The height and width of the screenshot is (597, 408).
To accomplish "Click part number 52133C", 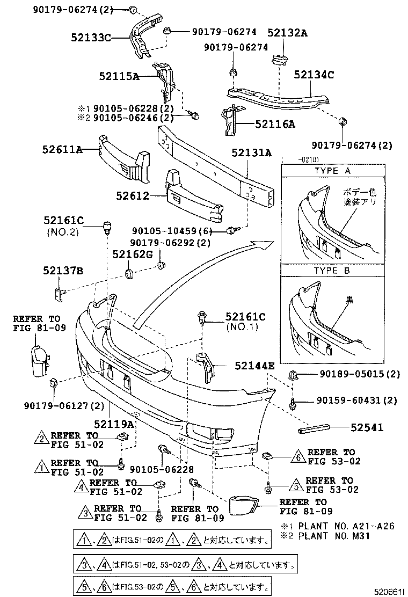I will click(90, 37).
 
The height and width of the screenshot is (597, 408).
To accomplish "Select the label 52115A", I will click(118, 76).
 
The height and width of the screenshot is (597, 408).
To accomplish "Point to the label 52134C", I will click(314, 75).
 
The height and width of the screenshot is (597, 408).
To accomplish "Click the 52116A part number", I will click(275, 124).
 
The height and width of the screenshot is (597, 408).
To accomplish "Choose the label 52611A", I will click(62, 150).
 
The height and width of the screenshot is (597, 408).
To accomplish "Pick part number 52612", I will click(132, 196).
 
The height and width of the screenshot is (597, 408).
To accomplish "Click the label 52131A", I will click(252, 153).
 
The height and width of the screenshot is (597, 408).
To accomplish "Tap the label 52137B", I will click(63, 272).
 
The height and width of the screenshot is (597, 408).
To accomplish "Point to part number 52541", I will click(367, 427).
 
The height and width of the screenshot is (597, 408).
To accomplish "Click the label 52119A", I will click(114, 424).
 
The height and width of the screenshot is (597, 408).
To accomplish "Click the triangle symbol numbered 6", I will click(298, 457).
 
